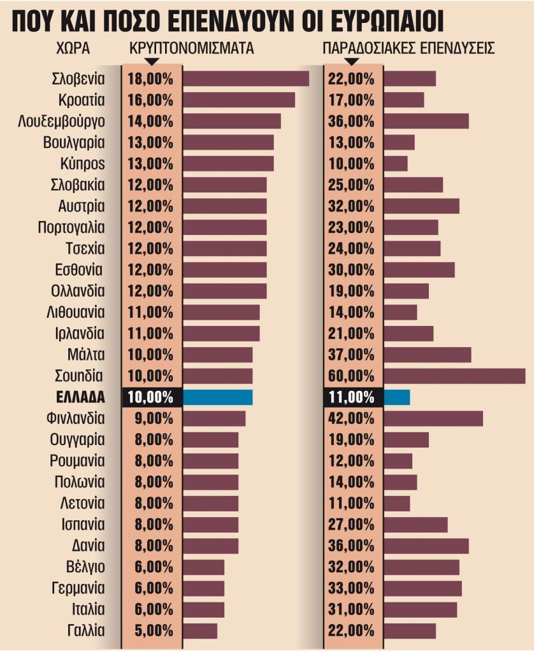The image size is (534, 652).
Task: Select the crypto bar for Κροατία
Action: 238,100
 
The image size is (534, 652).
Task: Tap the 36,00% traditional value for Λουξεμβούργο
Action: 351,121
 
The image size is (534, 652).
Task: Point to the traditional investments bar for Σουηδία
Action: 454,376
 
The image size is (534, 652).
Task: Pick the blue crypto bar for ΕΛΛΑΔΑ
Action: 217,397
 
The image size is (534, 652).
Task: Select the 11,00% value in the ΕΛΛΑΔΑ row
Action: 351,397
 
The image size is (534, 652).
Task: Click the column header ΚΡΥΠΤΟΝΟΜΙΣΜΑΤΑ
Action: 191,49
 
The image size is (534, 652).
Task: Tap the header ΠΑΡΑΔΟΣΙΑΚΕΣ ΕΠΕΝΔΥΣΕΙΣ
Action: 409,49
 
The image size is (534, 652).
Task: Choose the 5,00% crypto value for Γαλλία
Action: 150,630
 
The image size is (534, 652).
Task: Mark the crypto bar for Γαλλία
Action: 200,630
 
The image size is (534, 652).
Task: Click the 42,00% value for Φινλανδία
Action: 351,418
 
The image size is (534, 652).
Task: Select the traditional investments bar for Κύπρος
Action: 396,164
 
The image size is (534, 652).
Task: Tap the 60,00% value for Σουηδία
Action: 351,376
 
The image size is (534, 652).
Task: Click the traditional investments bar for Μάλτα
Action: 427,355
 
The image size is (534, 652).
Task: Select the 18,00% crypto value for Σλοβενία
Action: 150,79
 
